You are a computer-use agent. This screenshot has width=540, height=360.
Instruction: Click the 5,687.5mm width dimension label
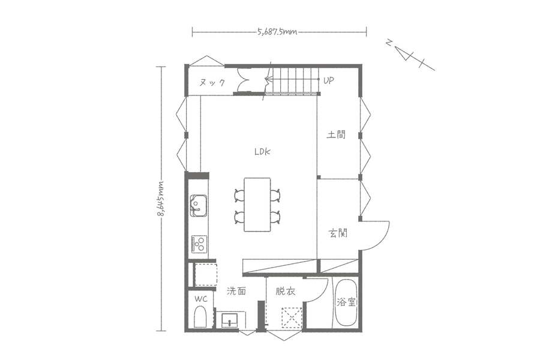[x=277, y=32]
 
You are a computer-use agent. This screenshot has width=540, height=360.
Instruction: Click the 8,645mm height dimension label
[x=160, y=199]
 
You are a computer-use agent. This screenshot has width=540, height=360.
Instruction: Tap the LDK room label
[x=262, y=152]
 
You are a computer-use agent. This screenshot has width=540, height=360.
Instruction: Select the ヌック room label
[x=212, y=82]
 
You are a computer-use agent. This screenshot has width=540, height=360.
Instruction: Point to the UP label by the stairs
[x=329, y=80]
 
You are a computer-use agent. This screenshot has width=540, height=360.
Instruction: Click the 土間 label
[x=336, y=134]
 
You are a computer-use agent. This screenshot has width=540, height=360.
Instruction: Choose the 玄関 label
[x=338, y=233]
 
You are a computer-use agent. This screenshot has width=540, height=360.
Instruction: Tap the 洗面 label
[x=236, y=291]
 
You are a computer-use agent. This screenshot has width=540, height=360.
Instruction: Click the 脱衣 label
[x=286, y=292]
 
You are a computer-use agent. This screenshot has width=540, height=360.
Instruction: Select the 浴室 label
[x=346, y=302]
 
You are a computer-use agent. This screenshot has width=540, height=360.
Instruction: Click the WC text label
[x=201, y=299]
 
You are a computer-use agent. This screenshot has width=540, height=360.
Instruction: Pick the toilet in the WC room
[x=200, y=317]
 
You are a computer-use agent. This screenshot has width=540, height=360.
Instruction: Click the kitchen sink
[x=199, y=205]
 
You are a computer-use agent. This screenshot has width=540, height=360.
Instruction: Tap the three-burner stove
[x=199, y=244]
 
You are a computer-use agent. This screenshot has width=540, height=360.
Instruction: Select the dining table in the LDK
[x=257, y=205]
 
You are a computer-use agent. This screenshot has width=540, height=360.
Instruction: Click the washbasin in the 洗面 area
[x=229, y=320]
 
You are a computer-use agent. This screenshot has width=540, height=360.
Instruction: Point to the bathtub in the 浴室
[x=346, y=302]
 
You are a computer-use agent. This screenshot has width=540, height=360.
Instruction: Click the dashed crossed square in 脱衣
[x=292, y=318]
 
